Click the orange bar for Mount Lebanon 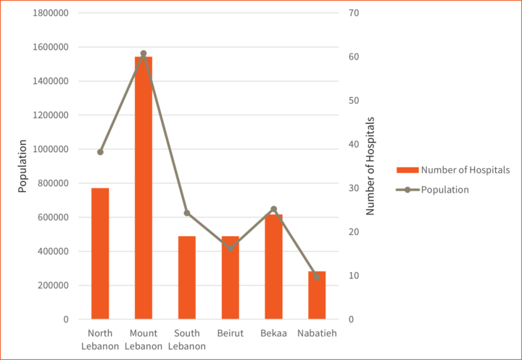click(x=144, y=188)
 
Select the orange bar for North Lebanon click(x=100, y=254)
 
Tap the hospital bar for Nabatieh click(x=317, y=295)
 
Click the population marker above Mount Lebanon click(x=144, y=54)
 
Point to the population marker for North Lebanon click(x=100, y=152)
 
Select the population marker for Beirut click(x=231, y=248)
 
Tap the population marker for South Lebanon click(x=187, y=213)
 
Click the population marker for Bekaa click(x=273, y=209)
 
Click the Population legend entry click(x=444, y=190)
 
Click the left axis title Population click(x=22, y=166)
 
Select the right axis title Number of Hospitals click(x=370, y=166)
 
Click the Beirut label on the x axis click(x=231, y=333)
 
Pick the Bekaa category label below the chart click(x=273, y=333)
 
